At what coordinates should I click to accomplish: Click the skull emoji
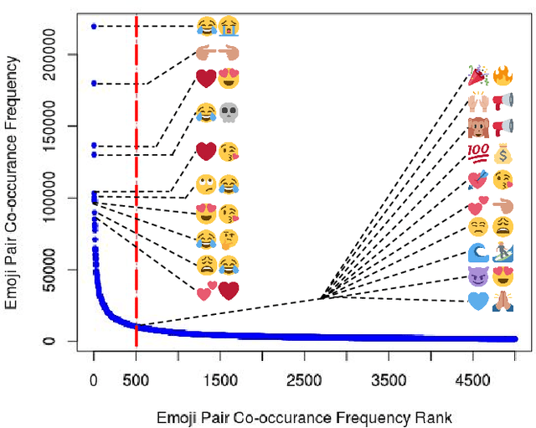(x=229, y=112)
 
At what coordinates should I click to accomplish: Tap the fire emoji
(x=502, y=77)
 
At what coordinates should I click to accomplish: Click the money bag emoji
(x=502, y=153)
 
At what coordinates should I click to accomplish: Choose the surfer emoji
(x=502, y=252)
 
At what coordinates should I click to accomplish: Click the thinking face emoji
(x=229, y=241)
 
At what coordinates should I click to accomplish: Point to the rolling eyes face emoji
(x=205, y=183)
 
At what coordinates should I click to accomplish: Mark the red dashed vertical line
(x=136, y=209)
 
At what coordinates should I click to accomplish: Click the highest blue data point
(x=94, y=26)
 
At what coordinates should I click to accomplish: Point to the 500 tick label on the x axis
(x=136, y=380)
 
